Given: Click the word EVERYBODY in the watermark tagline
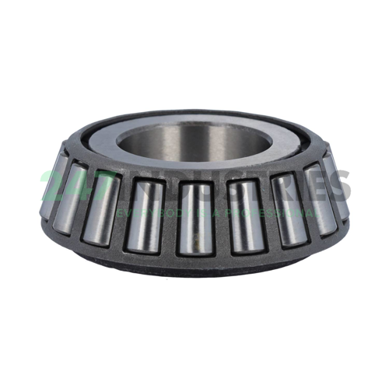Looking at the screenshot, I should (148, 211).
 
